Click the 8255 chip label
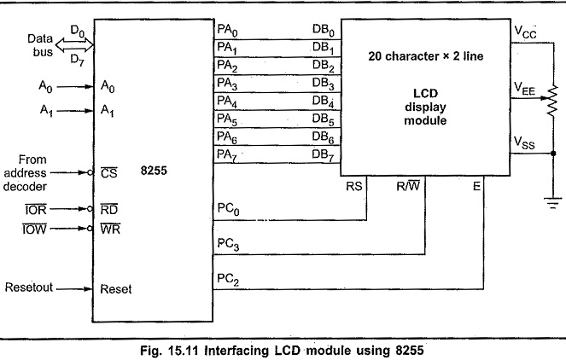pyautogui.click(x=154, y=171)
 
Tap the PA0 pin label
pyautogui.click(x=227, y=31)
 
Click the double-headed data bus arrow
pyautogui.click(x=74, y=46)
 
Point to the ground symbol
pyautogui.click(x=553, y=203)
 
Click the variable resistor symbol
pyautogui.click(x=552, y=101)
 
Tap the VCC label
pyautogui.click(x=525, y=32)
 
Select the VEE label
pyautogui.click(x=524, y=89)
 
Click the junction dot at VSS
pyautogui.click(x=553, y=154)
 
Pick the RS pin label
pyautogui.click(x=353, y=186)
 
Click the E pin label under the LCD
pyautogui.click(x=476, y=186)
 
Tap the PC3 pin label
pyautogui.click(x=228, y=244)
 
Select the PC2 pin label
pyautogui.click(x=228, y=279)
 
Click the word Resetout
pyautogui.click(x=29, y=287)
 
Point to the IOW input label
pyautogui.click(x=35, y=229)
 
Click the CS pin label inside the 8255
pyautogui.click(x=108, y=173)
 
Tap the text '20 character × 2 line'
pyautogui.click(x=426, y=56)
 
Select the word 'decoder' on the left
pyautogui.click(x=25, y=187)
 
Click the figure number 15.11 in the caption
pyautogui.click(x=183, y=351)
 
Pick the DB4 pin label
pyautogui.click(x=323, y=102)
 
